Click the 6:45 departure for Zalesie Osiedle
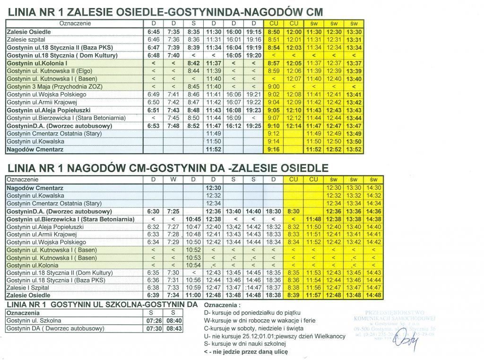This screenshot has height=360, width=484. pos(154,32)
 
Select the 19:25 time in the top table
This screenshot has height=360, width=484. pos(254,126)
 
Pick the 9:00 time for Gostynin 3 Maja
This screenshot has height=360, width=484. pos(274,87)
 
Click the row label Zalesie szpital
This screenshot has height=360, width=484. pos(26,39)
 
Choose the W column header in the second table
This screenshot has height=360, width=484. pos(173,180)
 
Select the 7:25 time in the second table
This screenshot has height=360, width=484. pos(173,211)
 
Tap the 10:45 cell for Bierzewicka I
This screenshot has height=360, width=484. pos(194,220)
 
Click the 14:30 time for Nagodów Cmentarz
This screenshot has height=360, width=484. pos(373,188)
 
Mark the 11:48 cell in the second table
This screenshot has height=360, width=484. pos(313,220)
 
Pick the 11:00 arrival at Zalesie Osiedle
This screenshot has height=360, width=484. pos(194,295)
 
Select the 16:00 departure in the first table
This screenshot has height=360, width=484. pos(234,32)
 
